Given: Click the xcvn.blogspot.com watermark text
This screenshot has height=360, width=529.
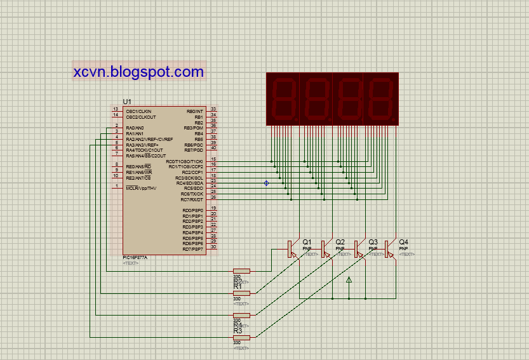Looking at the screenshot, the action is pos(138,72).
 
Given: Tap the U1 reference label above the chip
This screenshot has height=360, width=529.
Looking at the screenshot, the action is pos(127,102).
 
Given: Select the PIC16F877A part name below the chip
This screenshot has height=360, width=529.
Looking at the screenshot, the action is pos(135,257).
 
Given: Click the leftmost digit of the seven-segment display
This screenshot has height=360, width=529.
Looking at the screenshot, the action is pos(283,98).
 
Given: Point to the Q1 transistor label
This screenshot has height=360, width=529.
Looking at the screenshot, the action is pos(307,242).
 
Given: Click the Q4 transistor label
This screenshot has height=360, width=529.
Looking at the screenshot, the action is pos(404,242).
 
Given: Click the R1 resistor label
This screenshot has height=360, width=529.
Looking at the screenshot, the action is pos(238,286).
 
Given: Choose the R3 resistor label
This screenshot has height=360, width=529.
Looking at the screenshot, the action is pos(238,331).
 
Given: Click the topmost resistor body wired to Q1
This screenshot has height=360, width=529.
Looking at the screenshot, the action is pos(241,271).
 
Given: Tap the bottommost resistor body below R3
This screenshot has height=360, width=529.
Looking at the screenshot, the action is pos(241,338).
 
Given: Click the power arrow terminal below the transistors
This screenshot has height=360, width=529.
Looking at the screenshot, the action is pos(349,279).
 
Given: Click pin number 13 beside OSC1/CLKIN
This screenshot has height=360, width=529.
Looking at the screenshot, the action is pos(116,109).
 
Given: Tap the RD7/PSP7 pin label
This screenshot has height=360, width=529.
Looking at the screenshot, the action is pos(192,249).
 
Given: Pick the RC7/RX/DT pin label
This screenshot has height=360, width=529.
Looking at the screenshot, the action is pos(192,199).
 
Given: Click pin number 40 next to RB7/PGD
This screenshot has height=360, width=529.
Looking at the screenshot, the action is pos(214,148).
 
